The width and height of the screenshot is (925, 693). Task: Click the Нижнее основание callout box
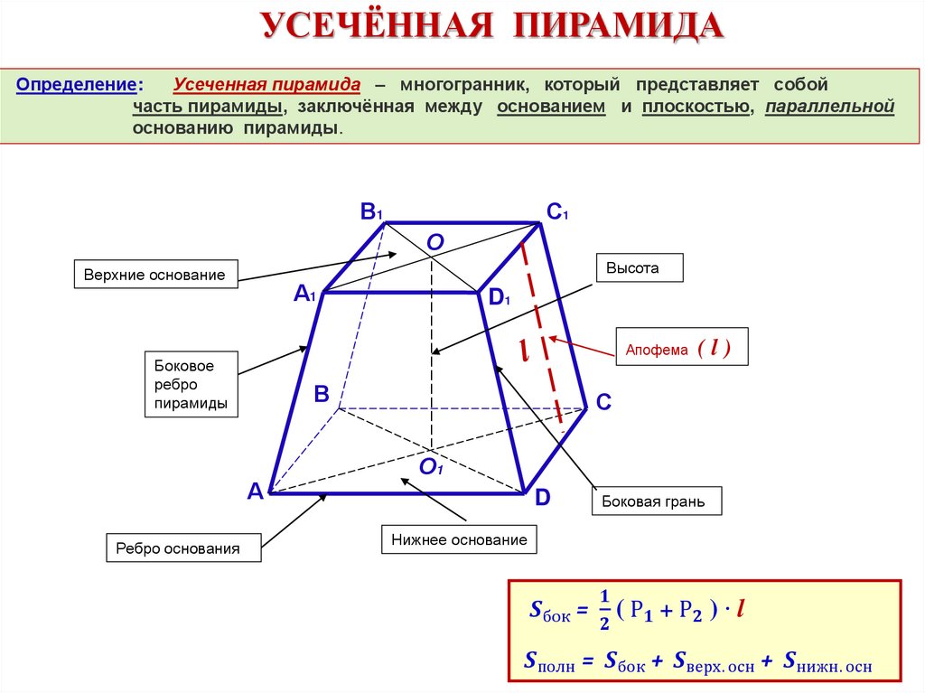tap(459, 539)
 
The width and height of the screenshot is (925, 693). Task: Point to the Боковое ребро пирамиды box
tap(191, 384)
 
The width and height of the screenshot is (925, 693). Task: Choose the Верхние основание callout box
tap(154, 274)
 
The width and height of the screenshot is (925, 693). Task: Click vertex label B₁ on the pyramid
tap(371, 212)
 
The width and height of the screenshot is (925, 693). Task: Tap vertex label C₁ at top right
tap(556, 212)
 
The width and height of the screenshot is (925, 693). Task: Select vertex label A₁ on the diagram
tap(304, 293)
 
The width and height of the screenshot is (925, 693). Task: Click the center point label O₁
tap(430, 467)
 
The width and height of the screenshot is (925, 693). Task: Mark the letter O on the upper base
tap(435, 242)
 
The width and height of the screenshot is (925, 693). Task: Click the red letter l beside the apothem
tap(524, 350)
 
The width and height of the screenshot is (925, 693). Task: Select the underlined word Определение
tap(75, 86)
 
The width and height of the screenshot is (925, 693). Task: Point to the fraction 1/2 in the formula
tap(604, 608)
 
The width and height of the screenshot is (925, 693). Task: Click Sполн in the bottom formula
tap(547, 663)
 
